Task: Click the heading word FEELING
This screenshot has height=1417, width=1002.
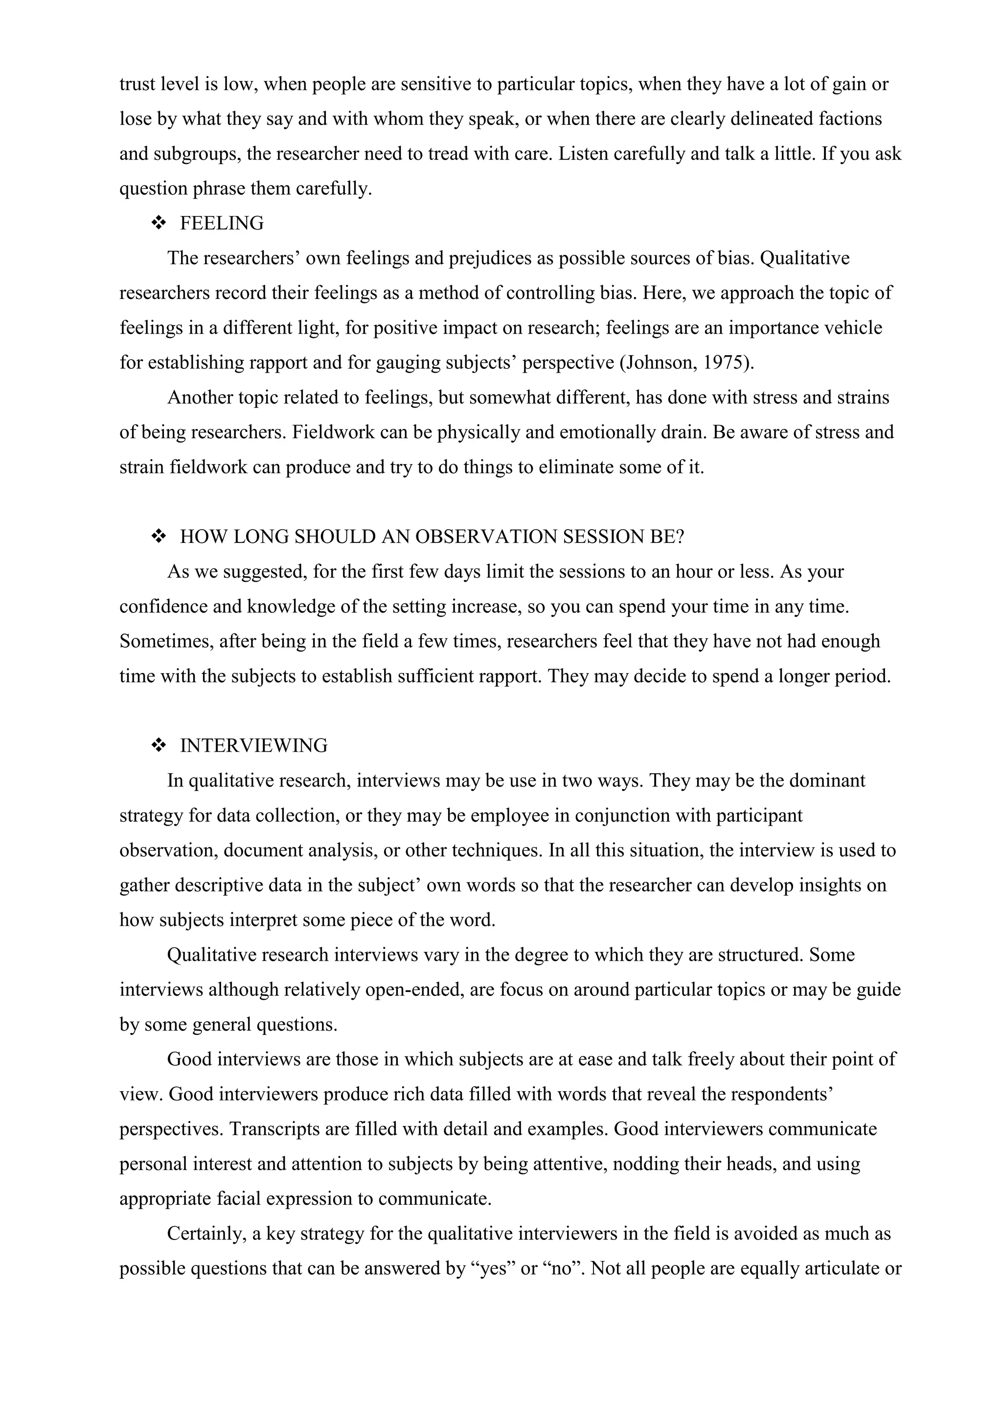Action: [222, 224]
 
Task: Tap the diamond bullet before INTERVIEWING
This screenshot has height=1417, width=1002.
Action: [159, 745]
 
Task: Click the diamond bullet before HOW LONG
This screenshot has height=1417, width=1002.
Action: [159, 537]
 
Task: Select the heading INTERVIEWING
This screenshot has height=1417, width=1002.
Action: [254, 745]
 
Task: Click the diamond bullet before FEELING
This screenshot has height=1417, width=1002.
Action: [159, 224]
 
